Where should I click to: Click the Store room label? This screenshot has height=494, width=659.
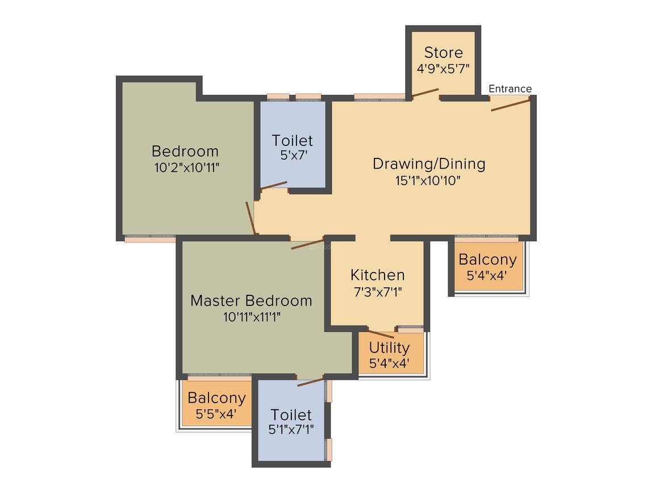pyautogui.click(x=443, y=52)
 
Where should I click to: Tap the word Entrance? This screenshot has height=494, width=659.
pyautogui.click(x=510, y=89)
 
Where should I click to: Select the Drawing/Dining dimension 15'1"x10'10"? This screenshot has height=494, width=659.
pyautogui.click(x=428, y=181)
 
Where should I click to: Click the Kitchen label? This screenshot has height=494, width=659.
pyautogui.click(x=377, y=275)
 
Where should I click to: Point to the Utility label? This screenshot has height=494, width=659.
pyautogui.click(x=389, y=348)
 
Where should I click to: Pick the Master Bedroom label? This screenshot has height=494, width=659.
pyautogui.click(x=251, y=301)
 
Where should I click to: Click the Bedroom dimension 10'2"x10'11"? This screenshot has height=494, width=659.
pyautogui.click(x=186, y=168)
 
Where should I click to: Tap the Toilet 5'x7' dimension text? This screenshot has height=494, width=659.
pyautogui.click(x=294, y=155)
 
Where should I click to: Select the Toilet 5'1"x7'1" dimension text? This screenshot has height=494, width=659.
pyautogui.click(x=291, y=429)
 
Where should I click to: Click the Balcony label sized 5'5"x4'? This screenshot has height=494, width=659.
pyautogui.click(x=217, y=398)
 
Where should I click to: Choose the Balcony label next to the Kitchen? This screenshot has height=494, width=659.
pyautogui.click(x=487, y=259)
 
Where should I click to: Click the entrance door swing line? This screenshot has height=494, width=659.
pyautogui.click(x=511, y=105)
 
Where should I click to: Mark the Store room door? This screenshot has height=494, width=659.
pyautogui.click(x=426, y=93)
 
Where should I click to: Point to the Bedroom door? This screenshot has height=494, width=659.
pyautogui.click(x=251, y=217)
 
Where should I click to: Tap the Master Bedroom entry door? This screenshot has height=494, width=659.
pyautogui.click(x=308, y=244)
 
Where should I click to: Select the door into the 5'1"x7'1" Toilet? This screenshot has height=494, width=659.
pyautogui.click(x=311, y=382)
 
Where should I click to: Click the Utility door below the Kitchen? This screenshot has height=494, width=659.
pyautogui.click(x=381, y=334)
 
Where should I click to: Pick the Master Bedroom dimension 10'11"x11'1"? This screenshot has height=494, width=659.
pyautogui.click(x=252, y=317)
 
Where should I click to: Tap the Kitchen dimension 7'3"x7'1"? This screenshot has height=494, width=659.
pyautogui.click(x=378, y=291)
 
